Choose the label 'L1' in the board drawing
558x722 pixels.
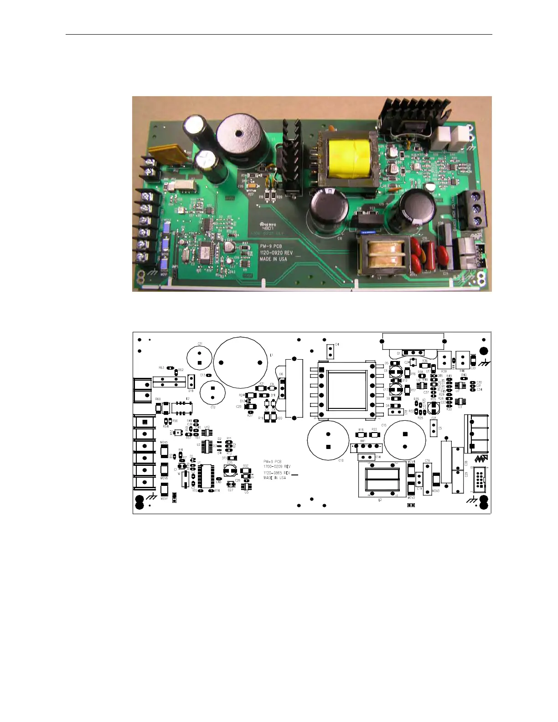[x=271, y=355]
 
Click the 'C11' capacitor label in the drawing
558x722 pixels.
[x=200, y=344]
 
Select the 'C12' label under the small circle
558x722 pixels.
[x=213, y=407]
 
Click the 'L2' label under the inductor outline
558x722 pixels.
[x=380, y=500]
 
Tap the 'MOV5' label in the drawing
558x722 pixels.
[x=164, y=443]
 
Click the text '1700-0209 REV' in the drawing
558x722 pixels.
[x=277, y=467]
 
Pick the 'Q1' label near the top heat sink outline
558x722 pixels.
[x=398, y=353]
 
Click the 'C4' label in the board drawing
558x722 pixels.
[x=336, y=345]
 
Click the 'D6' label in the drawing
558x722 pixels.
[x=281, y=374]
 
